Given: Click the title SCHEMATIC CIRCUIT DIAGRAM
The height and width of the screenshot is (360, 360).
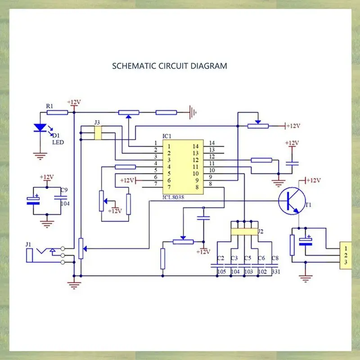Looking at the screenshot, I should (x=170, y=66).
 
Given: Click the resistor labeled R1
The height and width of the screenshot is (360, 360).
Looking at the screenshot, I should (x=57, y=112).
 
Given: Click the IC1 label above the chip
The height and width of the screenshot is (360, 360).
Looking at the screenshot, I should (x=167, y=135).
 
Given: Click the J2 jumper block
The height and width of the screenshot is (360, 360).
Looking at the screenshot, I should (x=243, y=232).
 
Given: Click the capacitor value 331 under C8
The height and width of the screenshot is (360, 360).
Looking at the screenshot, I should (x=276, y=272).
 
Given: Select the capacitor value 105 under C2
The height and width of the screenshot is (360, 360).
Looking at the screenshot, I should (x=221, y=272).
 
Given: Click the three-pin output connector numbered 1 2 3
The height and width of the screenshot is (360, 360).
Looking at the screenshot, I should (x=345, y=255).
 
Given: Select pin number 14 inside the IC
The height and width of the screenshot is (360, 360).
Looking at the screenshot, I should (x=196, y=146).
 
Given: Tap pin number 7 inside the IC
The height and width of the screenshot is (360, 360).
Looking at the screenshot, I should (x=170, y=187).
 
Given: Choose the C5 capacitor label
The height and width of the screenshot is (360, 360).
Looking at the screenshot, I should (x=247, y=258).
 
